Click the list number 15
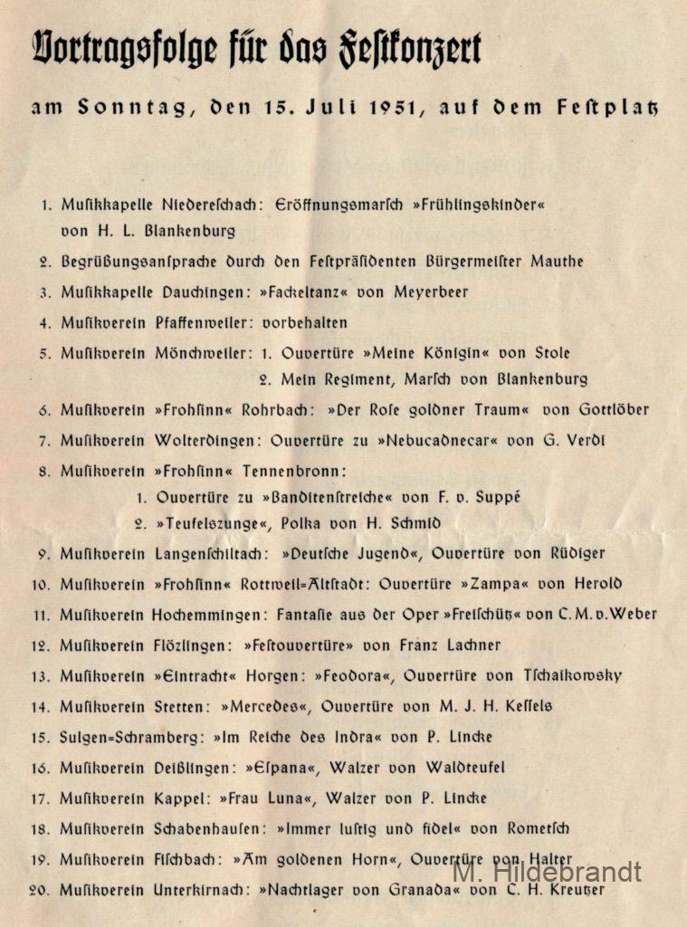coord(40,737)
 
